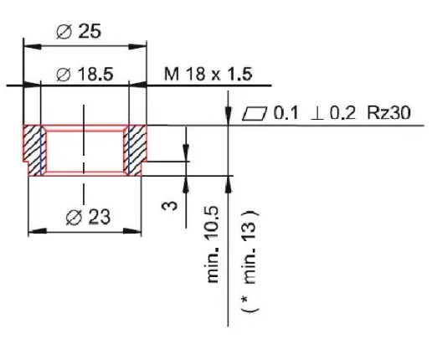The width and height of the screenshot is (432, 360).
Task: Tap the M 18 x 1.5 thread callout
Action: (x=208, y=75)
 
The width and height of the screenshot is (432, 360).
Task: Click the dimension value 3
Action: (x=169, y=202)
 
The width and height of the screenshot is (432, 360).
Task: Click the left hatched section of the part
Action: (x=34, y=149)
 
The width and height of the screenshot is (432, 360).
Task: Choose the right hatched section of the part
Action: (x=135, y=149)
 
